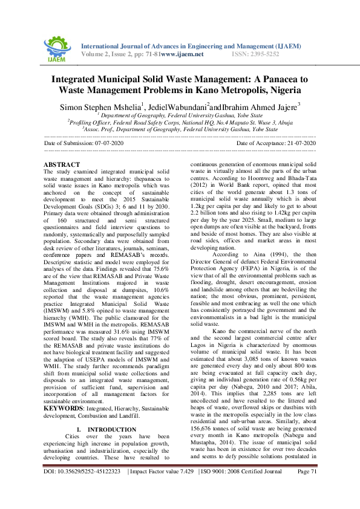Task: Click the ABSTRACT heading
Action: click(62, 165)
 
